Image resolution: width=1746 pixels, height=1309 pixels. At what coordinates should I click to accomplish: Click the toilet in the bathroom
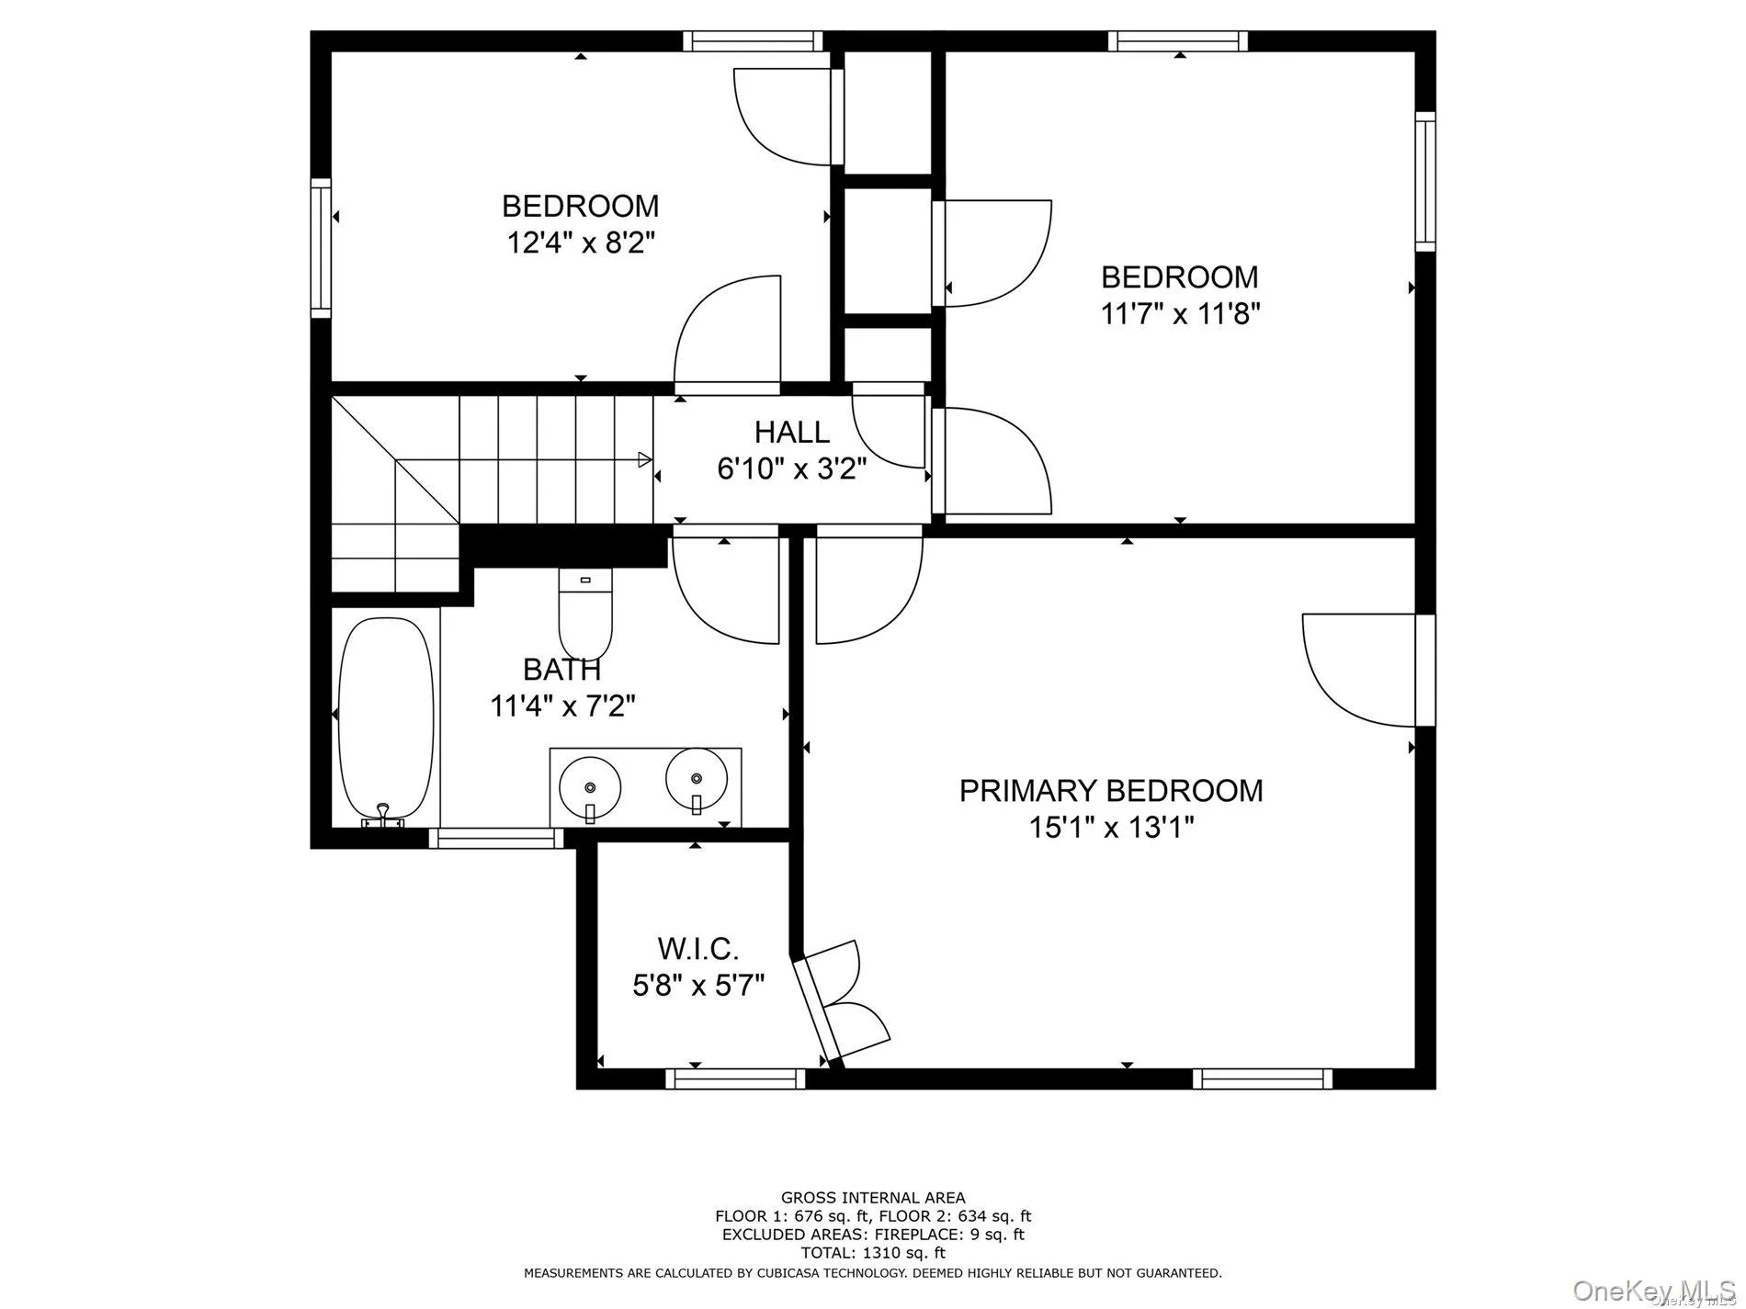[585, 611]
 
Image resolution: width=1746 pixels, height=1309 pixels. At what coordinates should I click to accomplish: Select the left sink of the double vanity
[589, 787]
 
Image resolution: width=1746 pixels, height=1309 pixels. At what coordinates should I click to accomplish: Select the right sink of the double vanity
[697, 780]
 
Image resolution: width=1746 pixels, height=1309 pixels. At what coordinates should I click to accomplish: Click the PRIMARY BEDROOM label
[1110, 791]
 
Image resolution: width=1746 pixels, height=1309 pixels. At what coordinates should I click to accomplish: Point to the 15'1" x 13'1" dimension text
[1110, 829]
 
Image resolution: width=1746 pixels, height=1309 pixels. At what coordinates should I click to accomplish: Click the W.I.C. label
[698, 948]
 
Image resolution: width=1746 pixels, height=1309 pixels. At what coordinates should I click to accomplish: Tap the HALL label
[791, 432]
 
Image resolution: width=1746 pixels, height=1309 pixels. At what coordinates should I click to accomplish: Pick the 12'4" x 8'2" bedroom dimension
[580, 243]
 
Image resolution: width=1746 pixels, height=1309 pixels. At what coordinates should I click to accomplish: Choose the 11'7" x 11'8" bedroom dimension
[1179, 315]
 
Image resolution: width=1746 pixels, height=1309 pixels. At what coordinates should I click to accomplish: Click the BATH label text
[561, 669]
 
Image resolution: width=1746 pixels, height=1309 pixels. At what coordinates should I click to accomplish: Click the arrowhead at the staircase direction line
[645, 459]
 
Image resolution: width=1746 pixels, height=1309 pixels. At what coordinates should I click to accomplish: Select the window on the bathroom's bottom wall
[496, 837]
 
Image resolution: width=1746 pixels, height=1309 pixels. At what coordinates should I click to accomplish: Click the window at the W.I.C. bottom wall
[735, 1078]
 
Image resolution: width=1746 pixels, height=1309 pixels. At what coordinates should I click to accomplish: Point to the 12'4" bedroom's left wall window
[320, 248]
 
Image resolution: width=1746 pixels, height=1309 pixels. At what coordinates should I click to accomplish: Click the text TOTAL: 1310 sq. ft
[872, 1252]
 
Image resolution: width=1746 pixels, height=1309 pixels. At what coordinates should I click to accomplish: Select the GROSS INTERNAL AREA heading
[872, 1197]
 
